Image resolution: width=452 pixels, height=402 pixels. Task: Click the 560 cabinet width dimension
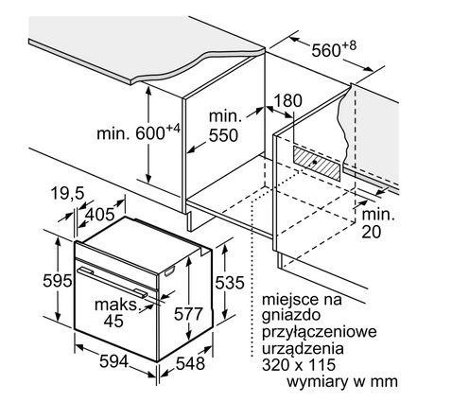(x=334, y=49)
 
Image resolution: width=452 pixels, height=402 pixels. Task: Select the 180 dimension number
(x=287, y=101)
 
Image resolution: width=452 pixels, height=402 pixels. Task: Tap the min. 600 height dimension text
(x=138, y=132)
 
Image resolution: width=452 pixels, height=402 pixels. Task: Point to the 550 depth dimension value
(x=224, y=135)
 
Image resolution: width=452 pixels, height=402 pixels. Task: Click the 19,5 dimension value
(x=67, y=193)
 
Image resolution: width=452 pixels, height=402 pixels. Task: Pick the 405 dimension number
(x=100, y=216)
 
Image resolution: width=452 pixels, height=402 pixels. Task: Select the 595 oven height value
(x=58, y=280)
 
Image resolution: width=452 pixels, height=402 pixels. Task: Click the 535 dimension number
(x=230, y=282)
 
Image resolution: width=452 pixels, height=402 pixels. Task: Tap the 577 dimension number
(x=188, y=314)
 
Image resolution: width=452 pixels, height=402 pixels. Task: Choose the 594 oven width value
(x=113, y=361)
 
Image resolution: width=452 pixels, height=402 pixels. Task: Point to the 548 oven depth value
(x=190, y=363)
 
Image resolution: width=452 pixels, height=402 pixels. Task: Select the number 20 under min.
(x=371, y=232)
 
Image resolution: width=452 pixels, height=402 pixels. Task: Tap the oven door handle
(x=113, y=281)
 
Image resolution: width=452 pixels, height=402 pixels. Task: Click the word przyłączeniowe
(x=320, y=333)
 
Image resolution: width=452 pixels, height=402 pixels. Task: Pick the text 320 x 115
(x=299, y=365)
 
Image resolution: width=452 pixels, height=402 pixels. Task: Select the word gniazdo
(x=291, y=316)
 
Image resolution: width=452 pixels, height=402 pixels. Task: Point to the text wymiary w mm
(x=342, y=382)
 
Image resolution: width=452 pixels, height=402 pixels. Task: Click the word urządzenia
(x=303, y=349)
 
